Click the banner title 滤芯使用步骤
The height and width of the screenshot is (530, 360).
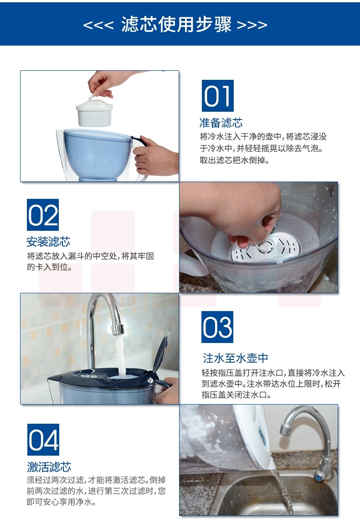pos(176,24)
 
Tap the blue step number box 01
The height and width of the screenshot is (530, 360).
pos(217,96)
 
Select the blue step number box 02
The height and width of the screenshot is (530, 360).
pos(42,215)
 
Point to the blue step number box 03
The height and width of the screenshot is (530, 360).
pos(217,327)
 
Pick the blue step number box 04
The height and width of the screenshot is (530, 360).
pos(43,439)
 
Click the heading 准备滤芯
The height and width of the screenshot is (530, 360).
pos(221,123)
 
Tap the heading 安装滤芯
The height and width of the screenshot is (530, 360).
pos(48,242)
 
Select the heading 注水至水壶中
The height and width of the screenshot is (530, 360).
pos(235,358)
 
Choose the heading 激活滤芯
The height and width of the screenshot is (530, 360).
pos(49,467)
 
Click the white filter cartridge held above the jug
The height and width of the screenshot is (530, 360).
pos(94,111)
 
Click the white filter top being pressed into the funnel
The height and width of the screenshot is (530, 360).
pos(266,247)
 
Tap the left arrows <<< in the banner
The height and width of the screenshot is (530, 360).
pos(98,26)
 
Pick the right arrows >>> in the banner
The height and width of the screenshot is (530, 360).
pos(252,26)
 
